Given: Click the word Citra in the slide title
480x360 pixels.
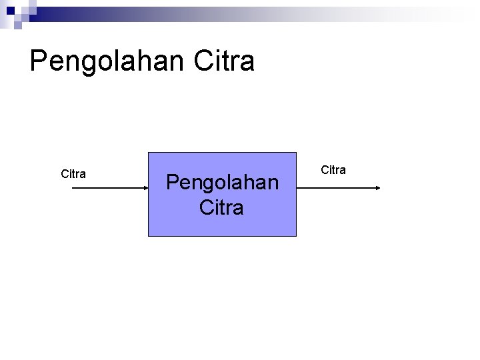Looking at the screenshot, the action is coord(225,61).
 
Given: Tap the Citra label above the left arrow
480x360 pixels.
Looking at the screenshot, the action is coord(73,174).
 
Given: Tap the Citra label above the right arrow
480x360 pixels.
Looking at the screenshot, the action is coord(333,170).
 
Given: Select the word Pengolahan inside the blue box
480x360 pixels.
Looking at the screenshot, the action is coord(222,182).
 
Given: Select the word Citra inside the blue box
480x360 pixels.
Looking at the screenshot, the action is coord(221,207).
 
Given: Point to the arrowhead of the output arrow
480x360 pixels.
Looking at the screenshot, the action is coord(377,189).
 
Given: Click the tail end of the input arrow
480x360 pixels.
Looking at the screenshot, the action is coord(72,189).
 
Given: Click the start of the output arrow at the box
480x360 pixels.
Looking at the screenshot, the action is coord(297,189).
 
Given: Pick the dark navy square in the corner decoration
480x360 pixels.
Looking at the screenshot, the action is coord(9,11).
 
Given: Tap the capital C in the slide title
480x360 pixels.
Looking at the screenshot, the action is coord(202,61).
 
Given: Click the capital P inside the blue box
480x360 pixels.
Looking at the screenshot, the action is coord(173,182).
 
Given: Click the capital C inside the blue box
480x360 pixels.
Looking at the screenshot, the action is coord(205,207).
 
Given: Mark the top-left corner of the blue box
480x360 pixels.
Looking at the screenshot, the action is coord(148,153).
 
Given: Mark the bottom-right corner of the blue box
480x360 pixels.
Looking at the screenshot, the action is coord(296,236).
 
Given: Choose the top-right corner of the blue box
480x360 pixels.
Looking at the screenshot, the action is coord(296,153).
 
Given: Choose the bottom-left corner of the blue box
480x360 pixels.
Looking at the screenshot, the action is coord(148,236).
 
